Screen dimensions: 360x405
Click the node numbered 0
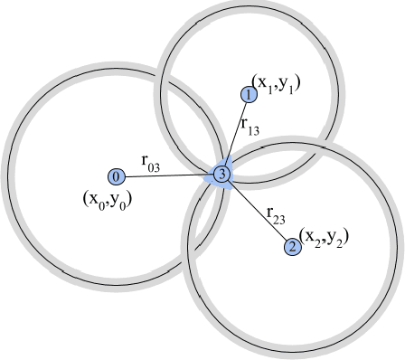(x=116, y=175)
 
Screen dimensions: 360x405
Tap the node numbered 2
(x=291, y=246)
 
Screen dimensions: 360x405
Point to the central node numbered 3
(x=222, y=174)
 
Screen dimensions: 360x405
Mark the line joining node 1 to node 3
(x=236, y=133)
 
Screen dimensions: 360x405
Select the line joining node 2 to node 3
(x=257, y=210)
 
